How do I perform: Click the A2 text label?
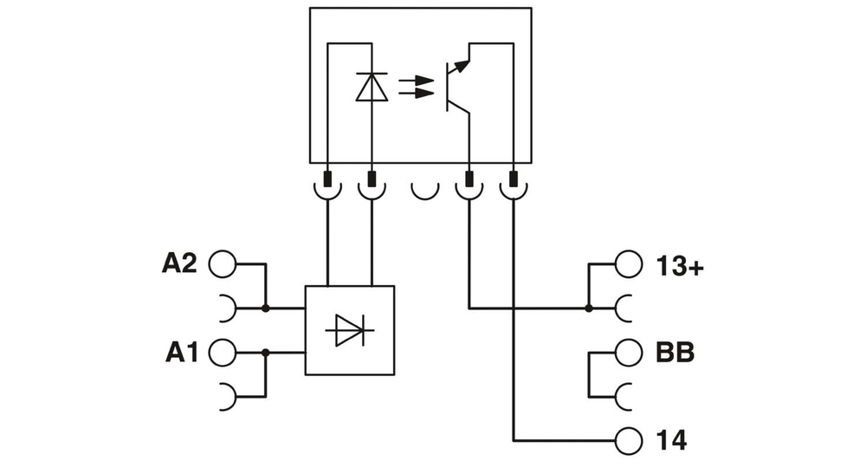pyautogui.click(x=180, y=264)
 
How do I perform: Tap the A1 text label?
pyautogui.click(x=182, y=353)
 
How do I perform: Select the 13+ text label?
pyautogui.click(x=680, y=266)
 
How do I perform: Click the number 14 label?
pyautogui.click(x=672, y=441)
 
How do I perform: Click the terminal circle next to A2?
pyautogui.click(x=222, y=264)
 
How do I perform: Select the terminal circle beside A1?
pyautogui.click(x=222, y=353)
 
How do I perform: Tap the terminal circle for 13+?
pyautogui.click(x=629, y=265)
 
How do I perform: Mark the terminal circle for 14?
pyautogui.click(x=629, y=441)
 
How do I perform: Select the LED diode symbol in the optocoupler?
pyautogui.click(x=372, y=88)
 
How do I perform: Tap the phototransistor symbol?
pyautogui.click(x=456, y=87)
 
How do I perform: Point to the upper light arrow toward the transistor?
pyautogui.click(x=416, y=80)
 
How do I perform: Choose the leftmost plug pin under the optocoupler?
pyautogui.click(x=327, y=180)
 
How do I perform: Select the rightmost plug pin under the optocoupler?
pyautogui.click(x=514, y=180)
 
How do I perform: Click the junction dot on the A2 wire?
pyautogui.click(x=265, y=308)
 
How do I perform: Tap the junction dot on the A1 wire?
pyautogui.click(x=265, y=353)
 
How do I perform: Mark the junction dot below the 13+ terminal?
pyautogui.click(x=588, y=308)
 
